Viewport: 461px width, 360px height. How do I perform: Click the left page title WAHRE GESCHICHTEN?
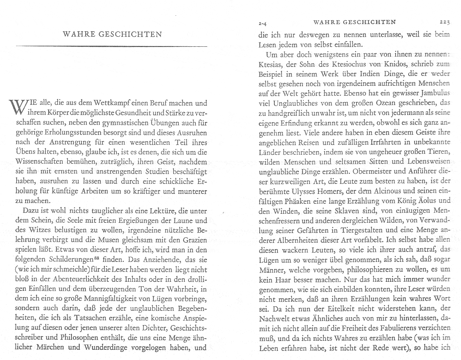pos(112,34)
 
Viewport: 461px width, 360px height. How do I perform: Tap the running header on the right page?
pos(354,22)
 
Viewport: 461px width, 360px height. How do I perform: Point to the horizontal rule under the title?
pos(111,46)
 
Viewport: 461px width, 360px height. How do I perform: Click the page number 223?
pos(444,22)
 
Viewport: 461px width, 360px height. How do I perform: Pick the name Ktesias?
pos(269,64)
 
